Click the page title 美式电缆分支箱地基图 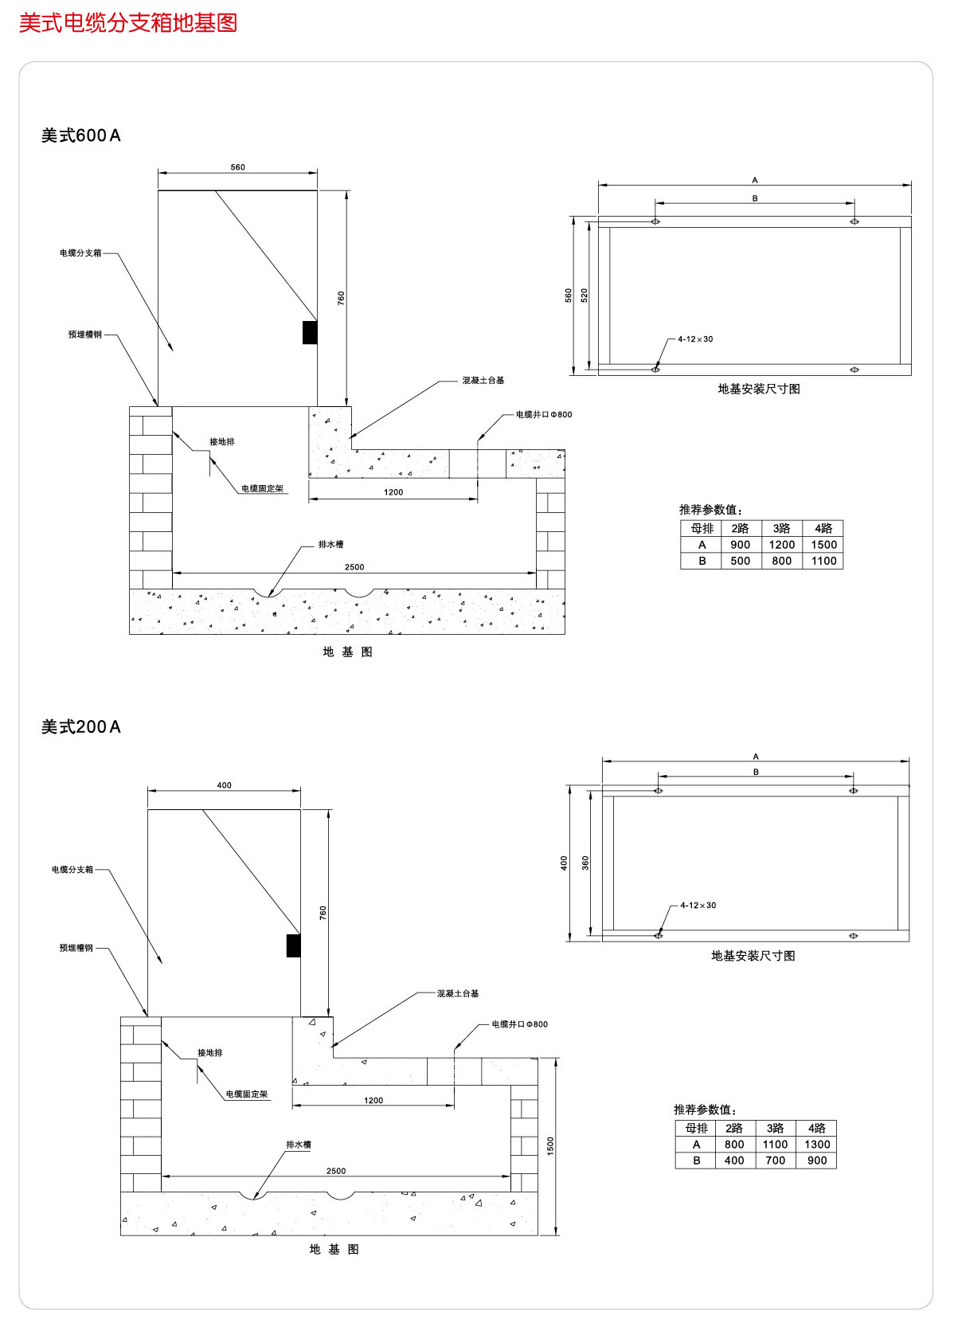128,23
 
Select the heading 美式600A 81,136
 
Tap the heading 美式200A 81,727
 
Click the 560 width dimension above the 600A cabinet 237,167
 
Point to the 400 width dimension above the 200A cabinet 225,785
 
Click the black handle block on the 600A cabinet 310,332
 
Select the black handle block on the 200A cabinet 293,945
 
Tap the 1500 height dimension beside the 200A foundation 550,1146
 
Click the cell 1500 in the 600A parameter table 823,545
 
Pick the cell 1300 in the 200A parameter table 817,1145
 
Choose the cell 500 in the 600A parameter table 740,561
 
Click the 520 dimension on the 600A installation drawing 585,296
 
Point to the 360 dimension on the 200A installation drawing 586,863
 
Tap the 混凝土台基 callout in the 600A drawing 483,381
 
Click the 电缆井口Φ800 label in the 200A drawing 519,1024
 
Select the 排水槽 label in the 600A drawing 330,545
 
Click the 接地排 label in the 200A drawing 210,1053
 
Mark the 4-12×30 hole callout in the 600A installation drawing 695,339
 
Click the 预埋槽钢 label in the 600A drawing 85,335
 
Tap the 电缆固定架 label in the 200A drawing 247,1094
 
